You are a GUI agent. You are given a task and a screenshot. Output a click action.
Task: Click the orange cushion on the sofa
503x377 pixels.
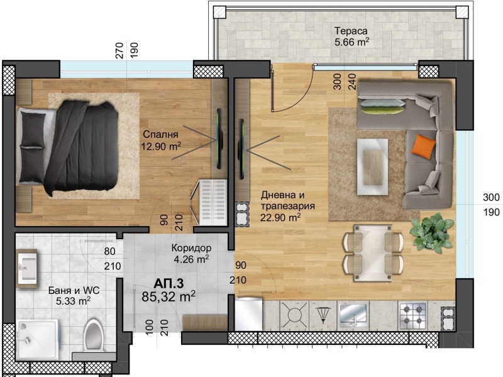coord(424,147)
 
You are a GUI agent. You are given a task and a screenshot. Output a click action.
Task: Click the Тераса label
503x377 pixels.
coord(350,31)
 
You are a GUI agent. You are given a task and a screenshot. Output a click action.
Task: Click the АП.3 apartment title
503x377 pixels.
coord(168,283)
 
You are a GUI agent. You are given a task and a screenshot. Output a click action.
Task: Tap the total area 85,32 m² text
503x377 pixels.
coord(168,295)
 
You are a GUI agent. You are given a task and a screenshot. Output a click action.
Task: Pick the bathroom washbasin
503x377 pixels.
coord(26,267)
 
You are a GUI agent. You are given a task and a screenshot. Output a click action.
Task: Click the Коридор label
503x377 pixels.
coord(191,247)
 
